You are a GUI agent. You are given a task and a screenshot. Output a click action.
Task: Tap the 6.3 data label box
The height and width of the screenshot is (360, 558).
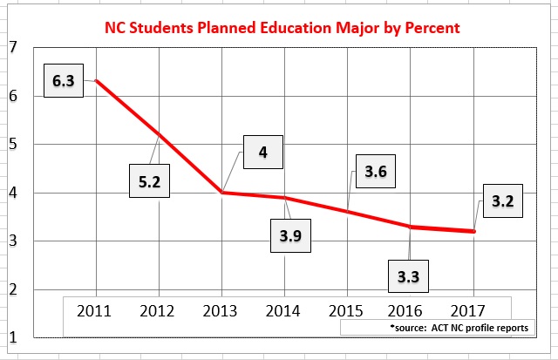pos(64,81)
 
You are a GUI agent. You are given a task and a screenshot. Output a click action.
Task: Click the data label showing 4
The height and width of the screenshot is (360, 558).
pos(262,153)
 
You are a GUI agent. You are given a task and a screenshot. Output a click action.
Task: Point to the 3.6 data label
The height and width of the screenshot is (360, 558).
pos(375,172)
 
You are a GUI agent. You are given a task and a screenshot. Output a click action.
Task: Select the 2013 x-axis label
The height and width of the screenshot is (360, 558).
pos(221,309)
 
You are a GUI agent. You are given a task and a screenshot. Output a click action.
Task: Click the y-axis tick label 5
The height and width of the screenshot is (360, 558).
pos(12,144)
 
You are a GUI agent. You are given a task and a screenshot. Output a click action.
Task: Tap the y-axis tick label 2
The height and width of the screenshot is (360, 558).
pos(12,289)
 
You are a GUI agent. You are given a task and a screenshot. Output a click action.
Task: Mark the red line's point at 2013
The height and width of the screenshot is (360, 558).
pos(222,192)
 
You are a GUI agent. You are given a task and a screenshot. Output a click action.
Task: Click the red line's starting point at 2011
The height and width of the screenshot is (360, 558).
pos(95,81)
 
